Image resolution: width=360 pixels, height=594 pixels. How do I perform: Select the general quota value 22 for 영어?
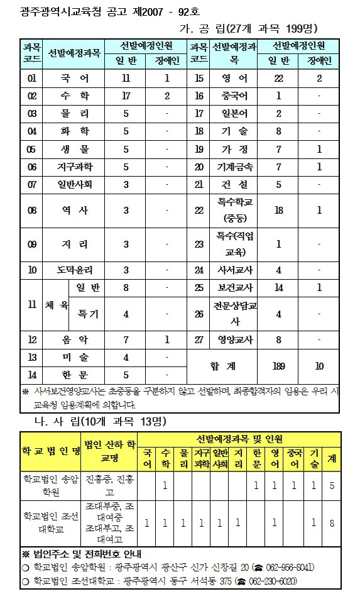tap(278, 79)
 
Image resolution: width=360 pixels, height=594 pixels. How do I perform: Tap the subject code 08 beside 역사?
tap(32, 209)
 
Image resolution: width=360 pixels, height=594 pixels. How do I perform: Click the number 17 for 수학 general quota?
tap(126, 96)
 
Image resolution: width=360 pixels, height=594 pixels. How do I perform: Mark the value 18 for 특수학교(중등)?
tap(278, 209)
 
